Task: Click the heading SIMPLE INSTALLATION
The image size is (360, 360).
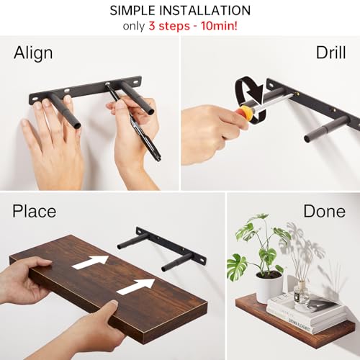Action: pos(180,11)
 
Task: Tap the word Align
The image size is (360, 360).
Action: pos(33,53)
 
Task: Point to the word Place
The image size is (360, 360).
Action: pos(35,211)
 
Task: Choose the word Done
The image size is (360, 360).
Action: pos(324,211)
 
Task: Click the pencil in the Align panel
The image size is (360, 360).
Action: pos(134,122)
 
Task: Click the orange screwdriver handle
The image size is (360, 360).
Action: pos(246,112)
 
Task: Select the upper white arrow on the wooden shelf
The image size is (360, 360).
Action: pos(91,261)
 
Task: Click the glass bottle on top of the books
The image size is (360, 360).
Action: pos(301,291)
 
